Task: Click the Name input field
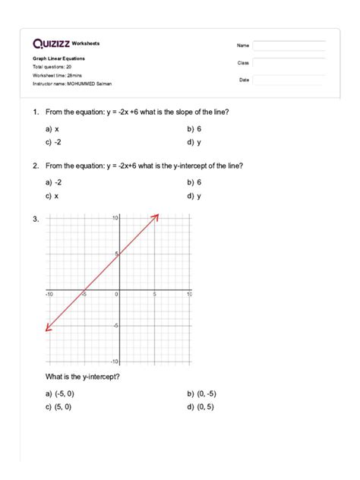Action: [x=289, y=46]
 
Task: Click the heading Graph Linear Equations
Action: [x=58, y=58]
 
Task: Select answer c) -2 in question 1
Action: [x=52, y=142]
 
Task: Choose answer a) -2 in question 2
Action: [x=52, y=182]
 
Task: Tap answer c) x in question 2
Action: [x=52, y=195]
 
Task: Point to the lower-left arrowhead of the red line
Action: [x=47, y=328]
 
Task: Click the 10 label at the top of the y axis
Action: [x=114, y=219]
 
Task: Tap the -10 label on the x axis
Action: [x=49, y=294]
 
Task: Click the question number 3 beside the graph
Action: [x=35, y=220]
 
